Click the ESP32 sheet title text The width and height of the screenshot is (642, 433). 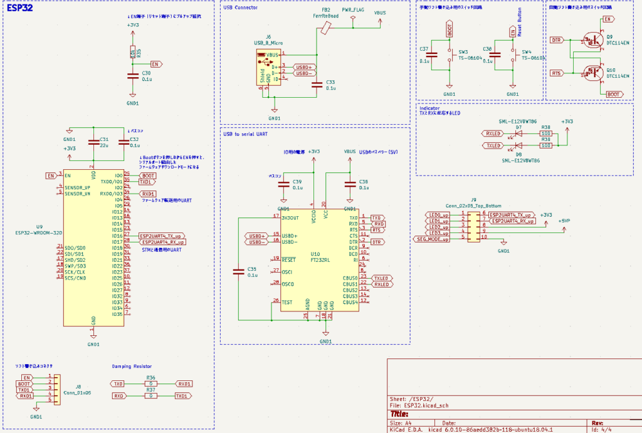click(19, 9)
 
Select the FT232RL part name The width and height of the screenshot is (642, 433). click(320, 259)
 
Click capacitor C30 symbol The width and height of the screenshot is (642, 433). click(132, 76)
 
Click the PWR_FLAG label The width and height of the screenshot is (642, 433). click(352, 11)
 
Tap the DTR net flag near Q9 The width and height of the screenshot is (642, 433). click(556, 40)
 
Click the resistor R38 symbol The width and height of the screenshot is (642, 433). click(545, 133)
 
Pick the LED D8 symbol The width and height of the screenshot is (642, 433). click(518, 145)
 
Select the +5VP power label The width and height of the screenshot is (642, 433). click(564, 221)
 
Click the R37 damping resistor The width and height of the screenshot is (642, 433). click(150, 396)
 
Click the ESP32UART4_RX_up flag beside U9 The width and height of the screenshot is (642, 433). click(162, 242)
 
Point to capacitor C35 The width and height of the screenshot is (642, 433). click(238, 271)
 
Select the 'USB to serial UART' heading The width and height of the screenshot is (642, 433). click(246, 133)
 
